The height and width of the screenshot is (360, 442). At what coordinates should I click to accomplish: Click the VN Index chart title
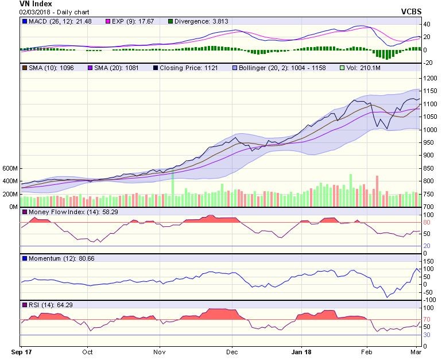(x=19, y=4)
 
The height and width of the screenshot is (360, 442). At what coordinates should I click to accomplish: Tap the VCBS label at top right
(x=412, y=11)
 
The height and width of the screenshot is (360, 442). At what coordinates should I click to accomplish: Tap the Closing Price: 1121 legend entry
(x=186, y=68)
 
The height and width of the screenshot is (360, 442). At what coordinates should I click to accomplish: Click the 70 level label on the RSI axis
(x=427, y=319)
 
